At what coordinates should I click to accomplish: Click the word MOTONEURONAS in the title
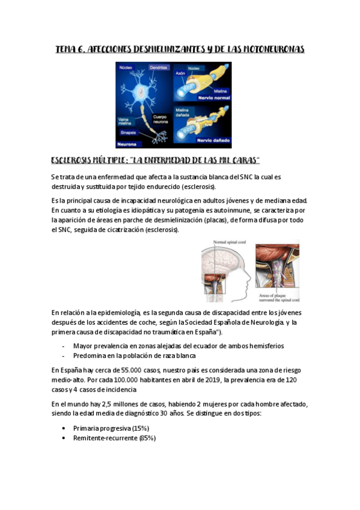pyautogui.click(x=273, y=49)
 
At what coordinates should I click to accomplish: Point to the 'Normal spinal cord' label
pyautogui.click(x=230, y=242)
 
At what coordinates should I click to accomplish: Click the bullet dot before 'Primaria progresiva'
pyautogui.click(x=64, y=428)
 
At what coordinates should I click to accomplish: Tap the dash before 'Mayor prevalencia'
pyautogui.click(x=64, y=346)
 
